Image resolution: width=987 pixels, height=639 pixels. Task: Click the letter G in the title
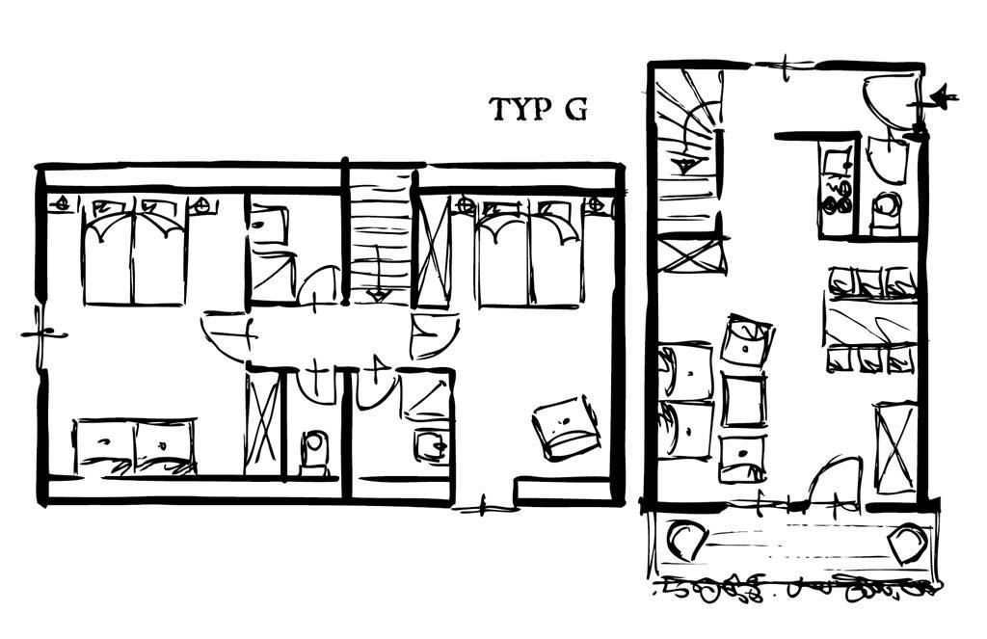click(x=575, y=110)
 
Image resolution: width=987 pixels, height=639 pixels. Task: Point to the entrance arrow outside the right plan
click(x=935, y=98)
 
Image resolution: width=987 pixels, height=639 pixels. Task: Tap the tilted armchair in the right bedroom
click(x=566, y=428)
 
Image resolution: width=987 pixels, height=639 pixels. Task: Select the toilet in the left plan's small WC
click(x=313, y=453)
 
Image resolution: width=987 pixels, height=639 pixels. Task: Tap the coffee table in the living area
click(x=744, y=400)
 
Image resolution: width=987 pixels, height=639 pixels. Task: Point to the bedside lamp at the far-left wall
click(x=62, y=204)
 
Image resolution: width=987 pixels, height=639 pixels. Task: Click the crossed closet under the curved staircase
click(x=690, y=253)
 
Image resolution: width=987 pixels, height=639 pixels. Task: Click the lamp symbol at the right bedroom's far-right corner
click(x=595, y=204)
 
